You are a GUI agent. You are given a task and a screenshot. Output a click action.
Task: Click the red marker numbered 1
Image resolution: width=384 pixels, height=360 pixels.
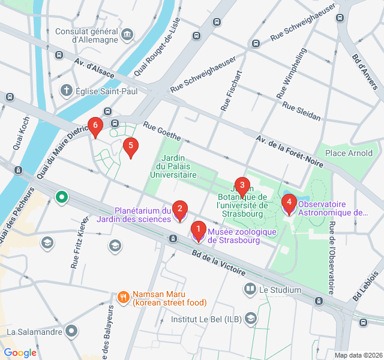198,229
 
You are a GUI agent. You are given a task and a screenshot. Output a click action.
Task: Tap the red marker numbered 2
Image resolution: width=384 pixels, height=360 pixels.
179,209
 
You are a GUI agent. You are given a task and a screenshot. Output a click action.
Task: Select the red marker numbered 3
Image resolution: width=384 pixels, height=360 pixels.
241,185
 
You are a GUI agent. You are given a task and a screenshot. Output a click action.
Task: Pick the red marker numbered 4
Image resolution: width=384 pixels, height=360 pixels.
289,203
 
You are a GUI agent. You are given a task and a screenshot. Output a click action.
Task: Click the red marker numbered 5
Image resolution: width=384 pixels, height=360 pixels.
130,146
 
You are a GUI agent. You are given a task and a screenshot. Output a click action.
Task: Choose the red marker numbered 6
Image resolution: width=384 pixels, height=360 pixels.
94,125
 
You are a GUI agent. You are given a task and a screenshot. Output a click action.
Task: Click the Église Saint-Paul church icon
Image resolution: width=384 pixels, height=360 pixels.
66,91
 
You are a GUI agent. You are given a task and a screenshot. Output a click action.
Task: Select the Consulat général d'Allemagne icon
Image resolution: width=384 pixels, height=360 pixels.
127,34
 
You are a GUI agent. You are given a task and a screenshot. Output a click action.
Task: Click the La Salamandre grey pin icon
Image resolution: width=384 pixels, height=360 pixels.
72,331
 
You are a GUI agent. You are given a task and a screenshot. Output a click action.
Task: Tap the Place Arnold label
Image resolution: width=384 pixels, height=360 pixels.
349,153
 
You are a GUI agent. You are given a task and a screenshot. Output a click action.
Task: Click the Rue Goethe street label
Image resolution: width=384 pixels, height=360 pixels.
161,131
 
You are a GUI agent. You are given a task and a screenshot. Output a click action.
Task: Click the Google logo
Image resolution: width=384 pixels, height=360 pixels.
20,353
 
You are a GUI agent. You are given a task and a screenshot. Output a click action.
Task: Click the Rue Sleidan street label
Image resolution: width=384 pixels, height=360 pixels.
301,112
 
